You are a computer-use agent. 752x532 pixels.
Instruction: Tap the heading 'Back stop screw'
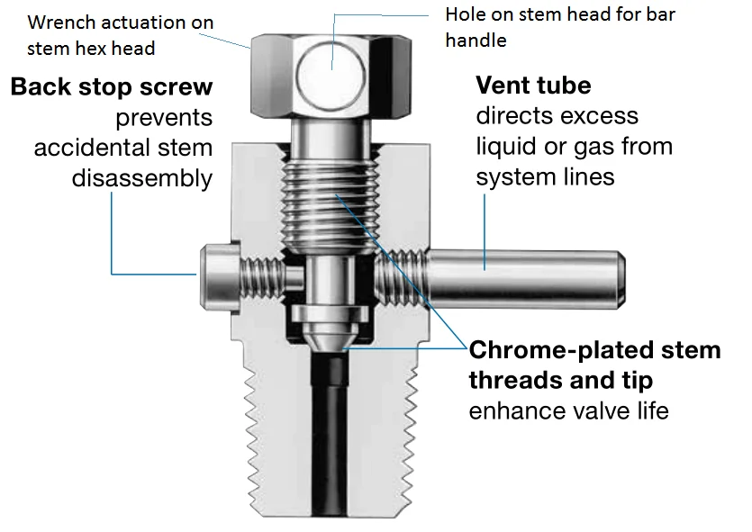112,88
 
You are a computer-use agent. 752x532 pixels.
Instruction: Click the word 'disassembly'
142,177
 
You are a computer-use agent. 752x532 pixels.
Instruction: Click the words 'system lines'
545,176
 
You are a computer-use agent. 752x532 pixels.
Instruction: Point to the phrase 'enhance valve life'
569,411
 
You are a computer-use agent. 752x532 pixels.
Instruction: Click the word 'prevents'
164,118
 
